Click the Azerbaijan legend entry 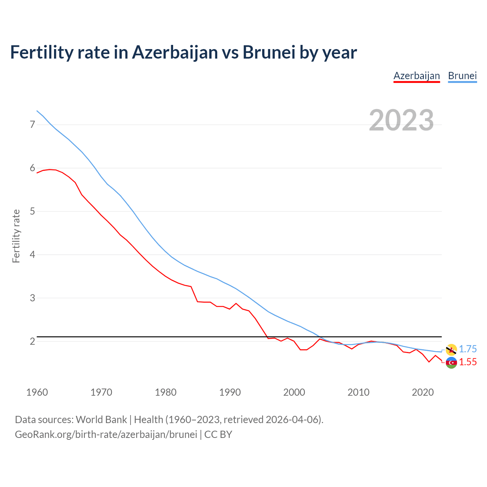coord(417,76)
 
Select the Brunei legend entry coord(462,76)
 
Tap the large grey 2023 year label coord(401,120)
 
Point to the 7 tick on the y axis coord(32,124)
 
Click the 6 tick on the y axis coord(32,168)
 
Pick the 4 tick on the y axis coord(32,255)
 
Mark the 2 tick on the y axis coord(32,341)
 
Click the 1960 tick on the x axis coord(37,392)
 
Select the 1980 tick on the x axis coord(166,392)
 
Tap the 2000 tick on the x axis coord(294,392)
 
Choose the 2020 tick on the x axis coord(423,392)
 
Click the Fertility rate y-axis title coord(16,236)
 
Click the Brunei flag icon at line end coord(451,349)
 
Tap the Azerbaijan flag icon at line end coord(451,363)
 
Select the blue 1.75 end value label coord(468,349)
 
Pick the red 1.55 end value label coord(468,362)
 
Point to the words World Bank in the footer coord(101,420)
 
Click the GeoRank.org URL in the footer coord(106,434)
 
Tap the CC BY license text coord(218,434)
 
